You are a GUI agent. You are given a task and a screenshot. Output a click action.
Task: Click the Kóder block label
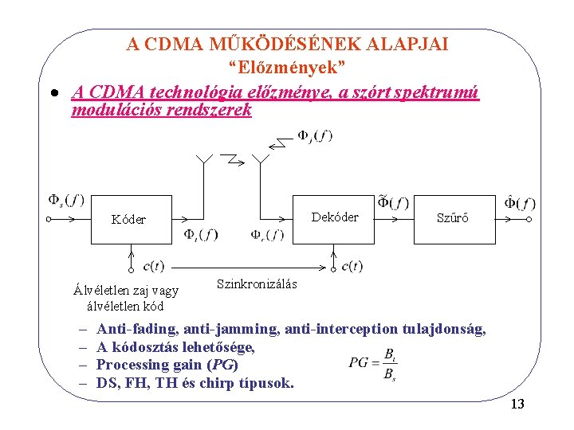coord(128,219)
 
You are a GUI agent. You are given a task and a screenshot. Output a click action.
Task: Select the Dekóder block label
coord(335,217)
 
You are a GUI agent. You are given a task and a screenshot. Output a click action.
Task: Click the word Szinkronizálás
coord(257,283)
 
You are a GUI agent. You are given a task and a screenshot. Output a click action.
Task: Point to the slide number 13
coord(517,405)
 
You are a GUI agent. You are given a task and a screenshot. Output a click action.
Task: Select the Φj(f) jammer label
coord(315,135)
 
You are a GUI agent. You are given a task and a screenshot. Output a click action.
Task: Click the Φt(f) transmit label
coord(201,234)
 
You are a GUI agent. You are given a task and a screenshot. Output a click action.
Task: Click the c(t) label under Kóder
coord(154,266)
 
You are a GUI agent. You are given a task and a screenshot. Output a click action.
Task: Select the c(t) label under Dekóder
coord(352,266)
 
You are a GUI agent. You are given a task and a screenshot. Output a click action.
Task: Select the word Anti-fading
coord(137,328)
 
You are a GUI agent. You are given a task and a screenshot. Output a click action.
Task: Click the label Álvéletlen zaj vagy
coord(125,291)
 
